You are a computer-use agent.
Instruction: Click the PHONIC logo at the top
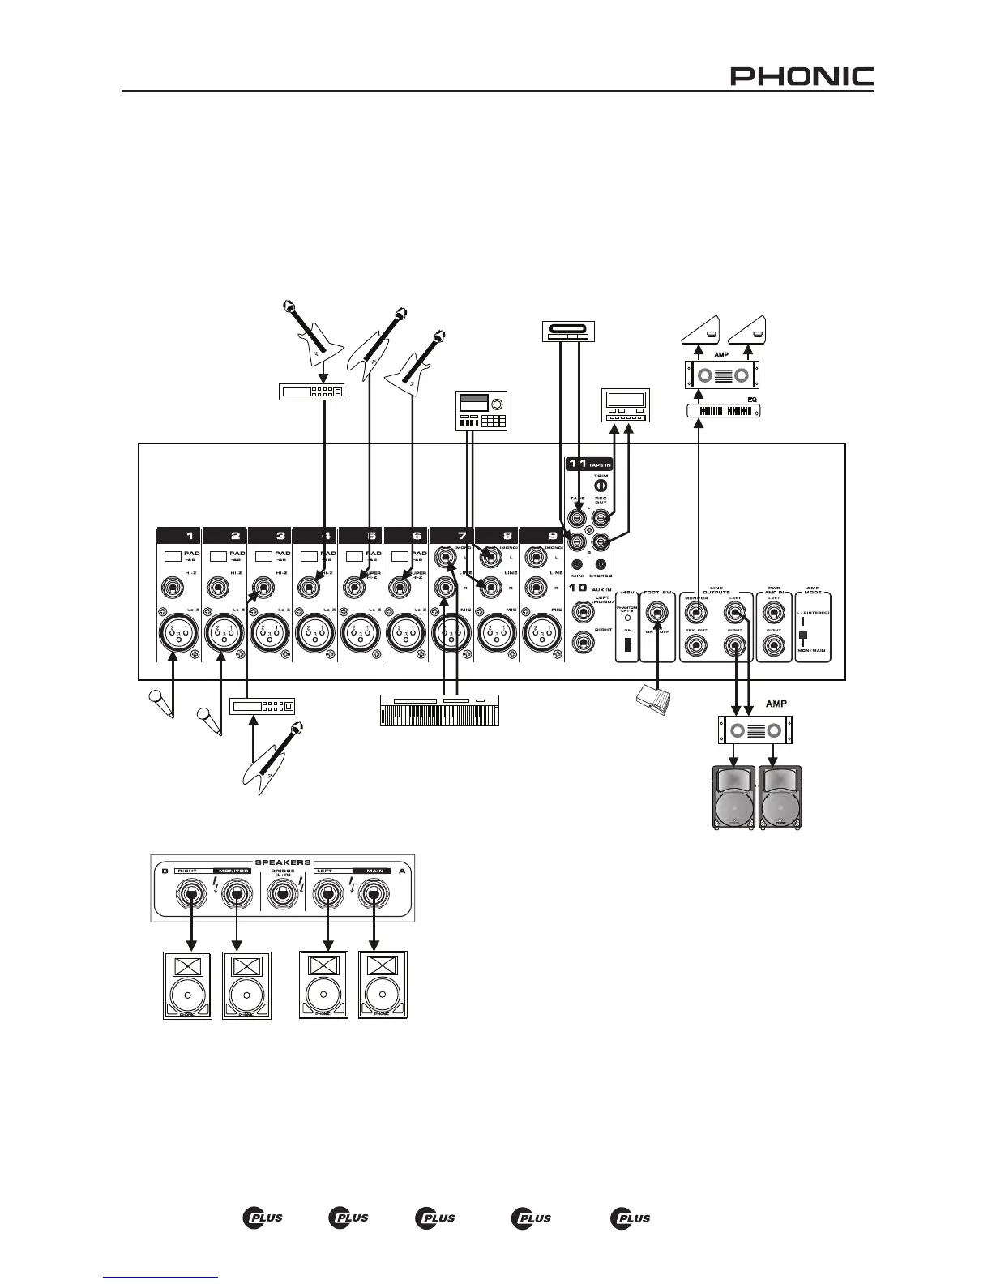pos(802,76)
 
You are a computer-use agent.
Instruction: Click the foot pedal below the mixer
pos(653,700)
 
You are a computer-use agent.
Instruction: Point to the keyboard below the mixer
pos(440,711)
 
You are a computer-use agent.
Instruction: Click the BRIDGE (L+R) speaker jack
pos(283,895)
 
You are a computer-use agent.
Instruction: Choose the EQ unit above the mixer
pos(723,411)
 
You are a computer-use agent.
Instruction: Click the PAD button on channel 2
pos(217,557)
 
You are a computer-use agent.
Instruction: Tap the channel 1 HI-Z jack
pos(171,586)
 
